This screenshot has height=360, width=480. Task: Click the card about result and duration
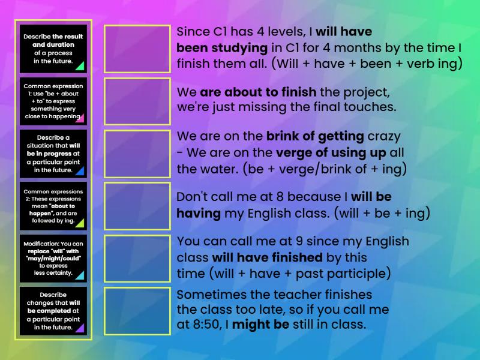pos(53,49)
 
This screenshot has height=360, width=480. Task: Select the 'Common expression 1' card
pos(53,101)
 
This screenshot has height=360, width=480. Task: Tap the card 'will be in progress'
pos(53,154)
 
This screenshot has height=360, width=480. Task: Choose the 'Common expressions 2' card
pos(53,206)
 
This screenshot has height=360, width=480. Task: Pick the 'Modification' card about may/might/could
pos(53,258)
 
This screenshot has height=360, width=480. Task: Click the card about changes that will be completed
pos(53,311)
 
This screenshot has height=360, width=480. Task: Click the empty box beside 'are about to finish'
pos(137,101)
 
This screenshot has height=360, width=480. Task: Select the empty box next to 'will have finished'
pos(137,258)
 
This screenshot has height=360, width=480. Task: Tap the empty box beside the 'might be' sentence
pos(137,311)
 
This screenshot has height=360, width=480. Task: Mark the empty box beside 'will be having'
pos(137,206)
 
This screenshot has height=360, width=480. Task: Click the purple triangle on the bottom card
pos(79,328)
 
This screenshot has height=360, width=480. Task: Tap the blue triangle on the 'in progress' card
pos(79,171)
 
